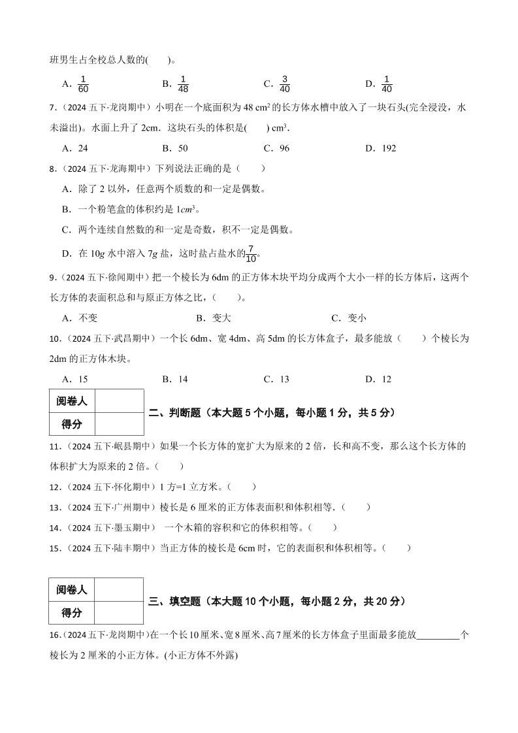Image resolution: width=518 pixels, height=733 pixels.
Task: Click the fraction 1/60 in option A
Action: [82, 84]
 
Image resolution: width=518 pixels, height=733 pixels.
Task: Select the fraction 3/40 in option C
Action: [284, 84]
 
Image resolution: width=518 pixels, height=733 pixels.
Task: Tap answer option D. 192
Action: [380, 148]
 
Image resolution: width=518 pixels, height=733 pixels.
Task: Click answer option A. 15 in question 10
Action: [74, 379]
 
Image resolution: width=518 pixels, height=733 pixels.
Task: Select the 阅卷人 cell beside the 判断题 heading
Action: [72, 401]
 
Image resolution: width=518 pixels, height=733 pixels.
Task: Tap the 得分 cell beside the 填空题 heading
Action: [72, 613]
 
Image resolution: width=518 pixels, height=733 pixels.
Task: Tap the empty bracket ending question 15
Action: [397, 547]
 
